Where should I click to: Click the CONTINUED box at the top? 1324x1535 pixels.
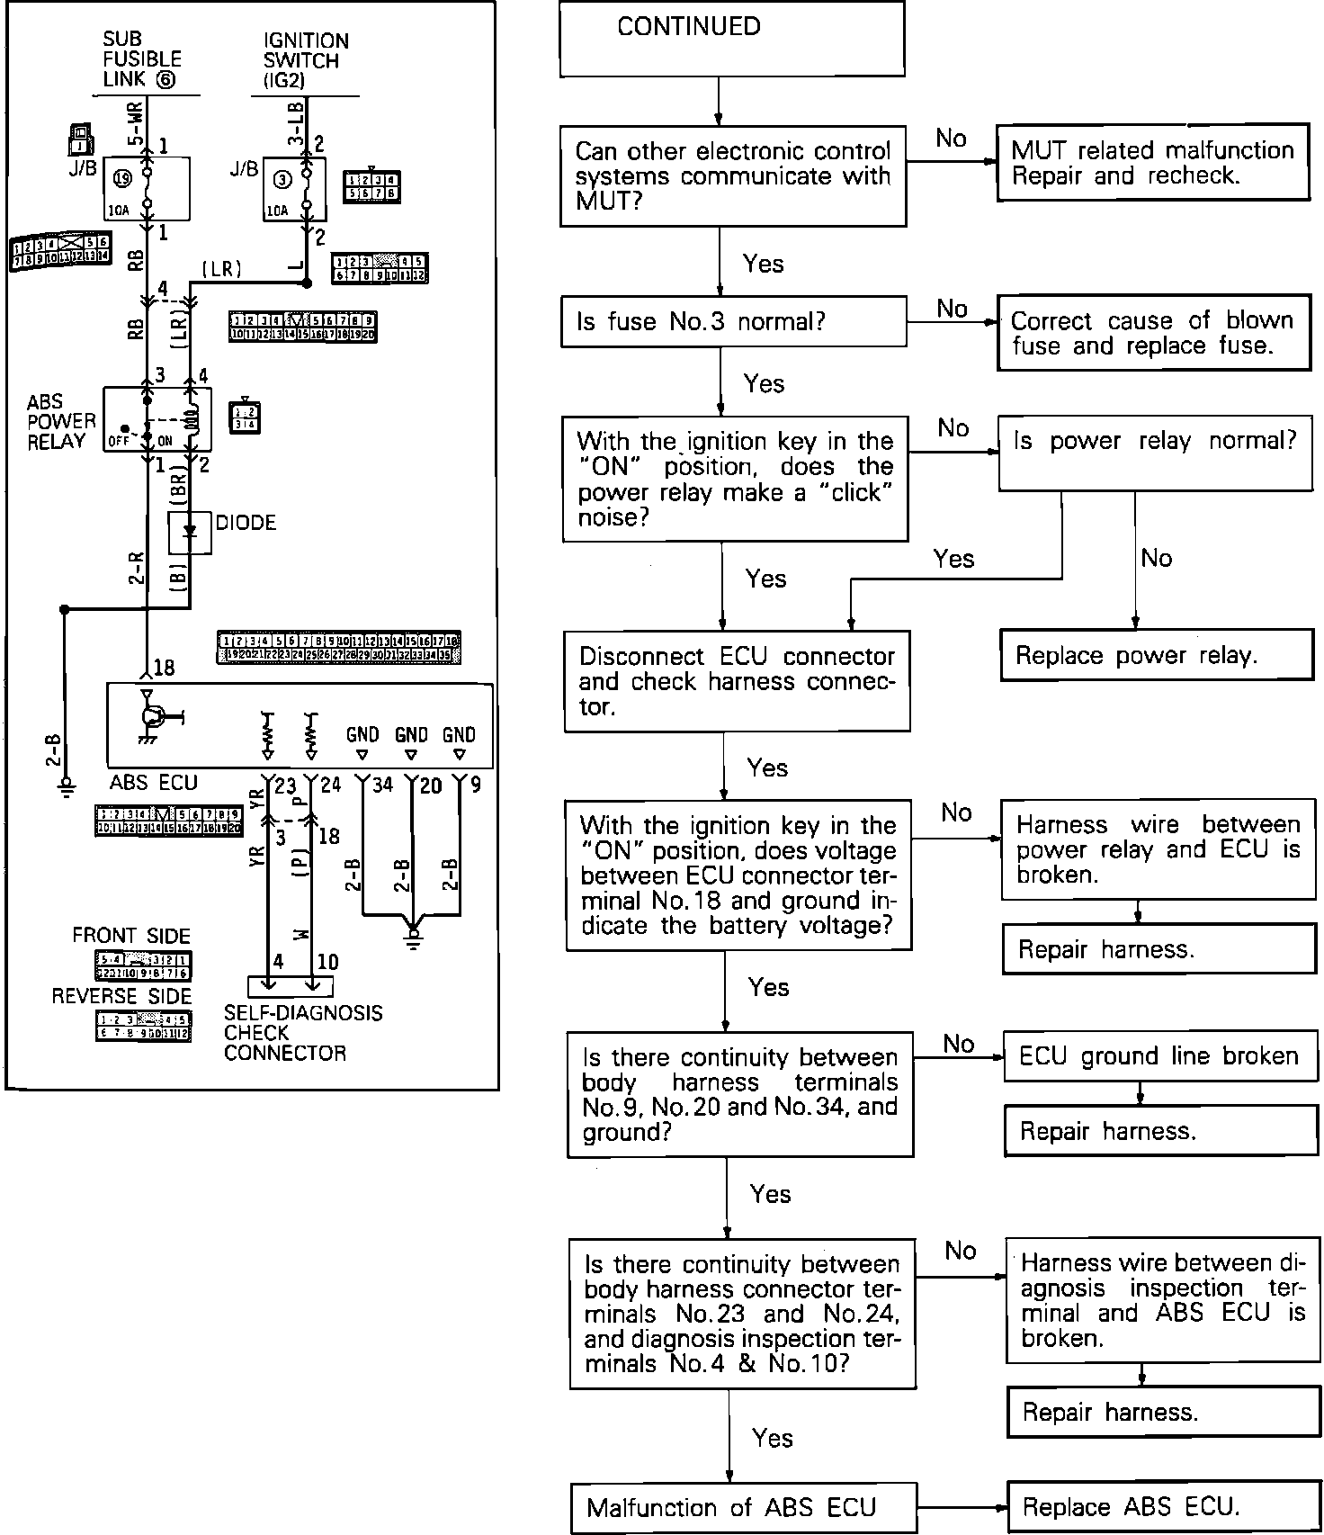tap(731, 39)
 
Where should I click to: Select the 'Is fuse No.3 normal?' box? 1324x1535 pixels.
tap(733, 322)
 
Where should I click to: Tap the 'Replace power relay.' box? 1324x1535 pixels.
tap(1157, 655)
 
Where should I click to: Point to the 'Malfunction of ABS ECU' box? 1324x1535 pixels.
tap(744, 1507)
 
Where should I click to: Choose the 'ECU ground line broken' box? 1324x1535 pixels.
tap(1159, 1056)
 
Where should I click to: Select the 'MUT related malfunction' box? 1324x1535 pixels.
tap(1152, 163)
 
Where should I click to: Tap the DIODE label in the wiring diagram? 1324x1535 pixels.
tap(246, 523)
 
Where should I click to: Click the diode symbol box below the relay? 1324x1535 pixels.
tap(190, 534)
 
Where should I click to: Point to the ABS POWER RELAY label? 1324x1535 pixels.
tap(61, 422)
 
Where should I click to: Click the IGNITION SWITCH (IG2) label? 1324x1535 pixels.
tap(306, 60)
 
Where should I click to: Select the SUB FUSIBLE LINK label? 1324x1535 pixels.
tap(142, 59)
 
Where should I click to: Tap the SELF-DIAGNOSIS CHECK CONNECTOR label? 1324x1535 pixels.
tap(303, 1033)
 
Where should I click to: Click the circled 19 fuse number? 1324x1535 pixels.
tap(122, 178)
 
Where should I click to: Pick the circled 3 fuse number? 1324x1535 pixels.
tap(282, 180)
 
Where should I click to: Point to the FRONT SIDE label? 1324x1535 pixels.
tap(131, 936)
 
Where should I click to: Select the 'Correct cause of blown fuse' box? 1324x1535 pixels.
tap(1152, 334)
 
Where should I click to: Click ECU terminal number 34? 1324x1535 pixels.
tap(382, 785)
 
